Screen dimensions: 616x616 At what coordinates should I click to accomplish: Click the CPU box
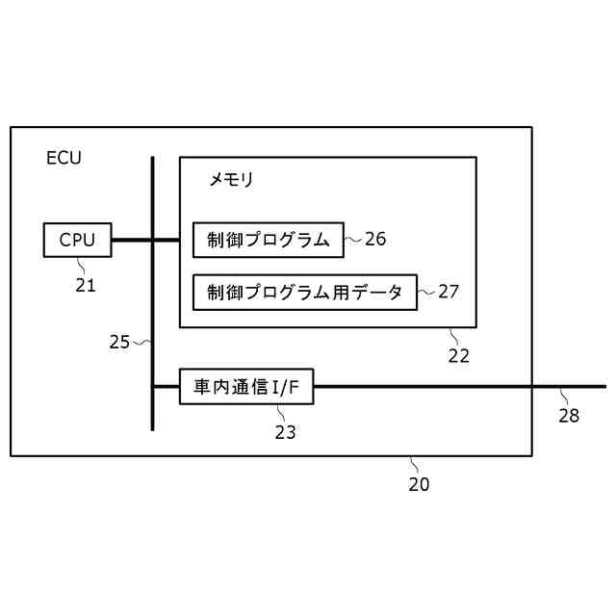pyautogui.click(x=78, y=240)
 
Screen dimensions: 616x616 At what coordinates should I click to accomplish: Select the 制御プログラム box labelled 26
pyautogui.click(x=269, y=240)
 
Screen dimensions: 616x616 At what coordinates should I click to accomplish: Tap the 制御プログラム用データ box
pyautogui.click(x=305, y=293)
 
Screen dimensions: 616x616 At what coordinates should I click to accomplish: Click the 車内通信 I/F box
pyautogui.click(x=246, y=387)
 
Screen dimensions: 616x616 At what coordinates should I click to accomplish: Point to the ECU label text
pyautogui.click(x=64, y=159)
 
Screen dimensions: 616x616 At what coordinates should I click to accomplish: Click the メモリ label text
pyautogui.click(x=231, y=179)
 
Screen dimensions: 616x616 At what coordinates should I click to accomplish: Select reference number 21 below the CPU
pyautogui.click(x=86, y=284)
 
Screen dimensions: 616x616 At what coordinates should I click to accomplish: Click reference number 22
pyautogui.click(x=458, y=355)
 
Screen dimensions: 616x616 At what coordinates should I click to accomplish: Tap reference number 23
pyautogui.click(x=285, y=432)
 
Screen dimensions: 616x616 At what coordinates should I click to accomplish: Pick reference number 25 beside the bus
pyautogui.click(x=119, y=342)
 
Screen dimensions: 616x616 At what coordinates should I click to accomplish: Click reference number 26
pyautogui.click(x=375, y=239)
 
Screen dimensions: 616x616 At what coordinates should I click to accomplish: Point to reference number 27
pyautogui.click(x=449, y=292)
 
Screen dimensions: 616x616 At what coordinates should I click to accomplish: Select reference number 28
pyautogui.click(x=569, y=416)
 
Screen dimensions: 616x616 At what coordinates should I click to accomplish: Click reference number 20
pyautogui.click(x=419, y=484)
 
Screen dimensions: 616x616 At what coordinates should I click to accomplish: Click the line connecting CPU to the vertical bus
pyautogui.click(x=132, y=240)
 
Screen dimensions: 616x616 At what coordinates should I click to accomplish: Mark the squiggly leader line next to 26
pyautogui.click(x=353, y=239)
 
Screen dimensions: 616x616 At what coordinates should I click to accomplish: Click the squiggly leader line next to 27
pyautogui.click(x=426, y=292)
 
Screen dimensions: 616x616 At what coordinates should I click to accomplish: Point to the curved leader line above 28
pyautogui.click(x=564, y=397)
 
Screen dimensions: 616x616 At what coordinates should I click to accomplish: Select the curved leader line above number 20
pyautogui.click(x=413, y=465)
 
